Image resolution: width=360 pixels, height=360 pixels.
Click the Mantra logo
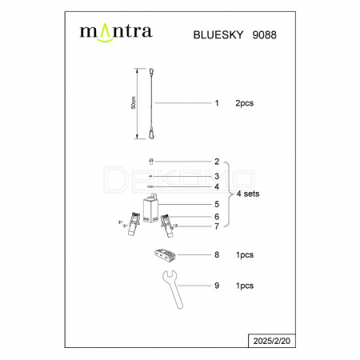116,33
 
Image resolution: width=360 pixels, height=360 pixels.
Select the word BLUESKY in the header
218,35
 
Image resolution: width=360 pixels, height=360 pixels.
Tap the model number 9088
264,35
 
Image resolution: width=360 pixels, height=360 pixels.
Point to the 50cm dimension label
134,102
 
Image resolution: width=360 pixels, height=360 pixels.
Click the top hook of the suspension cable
152,72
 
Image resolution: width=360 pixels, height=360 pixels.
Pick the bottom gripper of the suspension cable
151,134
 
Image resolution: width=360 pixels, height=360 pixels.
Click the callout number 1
217,103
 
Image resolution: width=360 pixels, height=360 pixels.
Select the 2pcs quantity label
244,103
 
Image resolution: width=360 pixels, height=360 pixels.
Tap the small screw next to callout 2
151,162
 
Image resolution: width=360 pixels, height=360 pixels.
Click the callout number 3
217,176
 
